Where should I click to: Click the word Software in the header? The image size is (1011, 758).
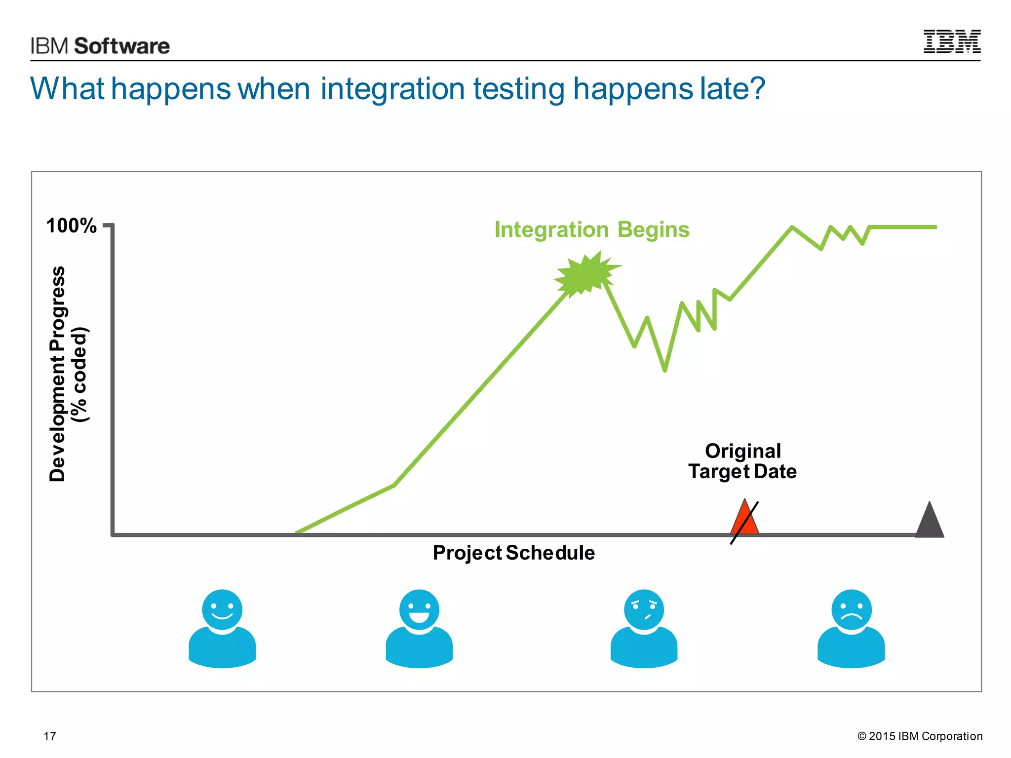[x=121, y=46]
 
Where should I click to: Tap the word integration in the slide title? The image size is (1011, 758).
[x=392, y=89]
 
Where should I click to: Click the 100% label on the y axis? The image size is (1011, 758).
[x=71, y=226]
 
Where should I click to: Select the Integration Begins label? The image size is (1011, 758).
[x=591, y=230]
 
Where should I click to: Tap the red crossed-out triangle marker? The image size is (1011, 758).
[x=744, y=520]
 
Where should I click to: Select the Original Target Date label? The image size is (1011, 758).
[x=742, y=461]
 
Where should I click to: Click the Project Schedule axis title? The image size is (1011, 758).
[x=513, y=553]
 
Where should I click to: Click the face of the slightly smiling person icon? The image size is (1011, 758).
[x=222, y=609]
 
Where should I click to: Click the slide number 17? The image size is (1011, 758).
[x=50, y=736]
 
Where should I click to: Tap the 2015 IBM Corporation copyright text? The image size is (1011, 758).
[x=920, y=736]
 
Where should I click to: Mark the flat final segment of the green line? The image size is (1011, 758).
[x=902, y=227]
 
